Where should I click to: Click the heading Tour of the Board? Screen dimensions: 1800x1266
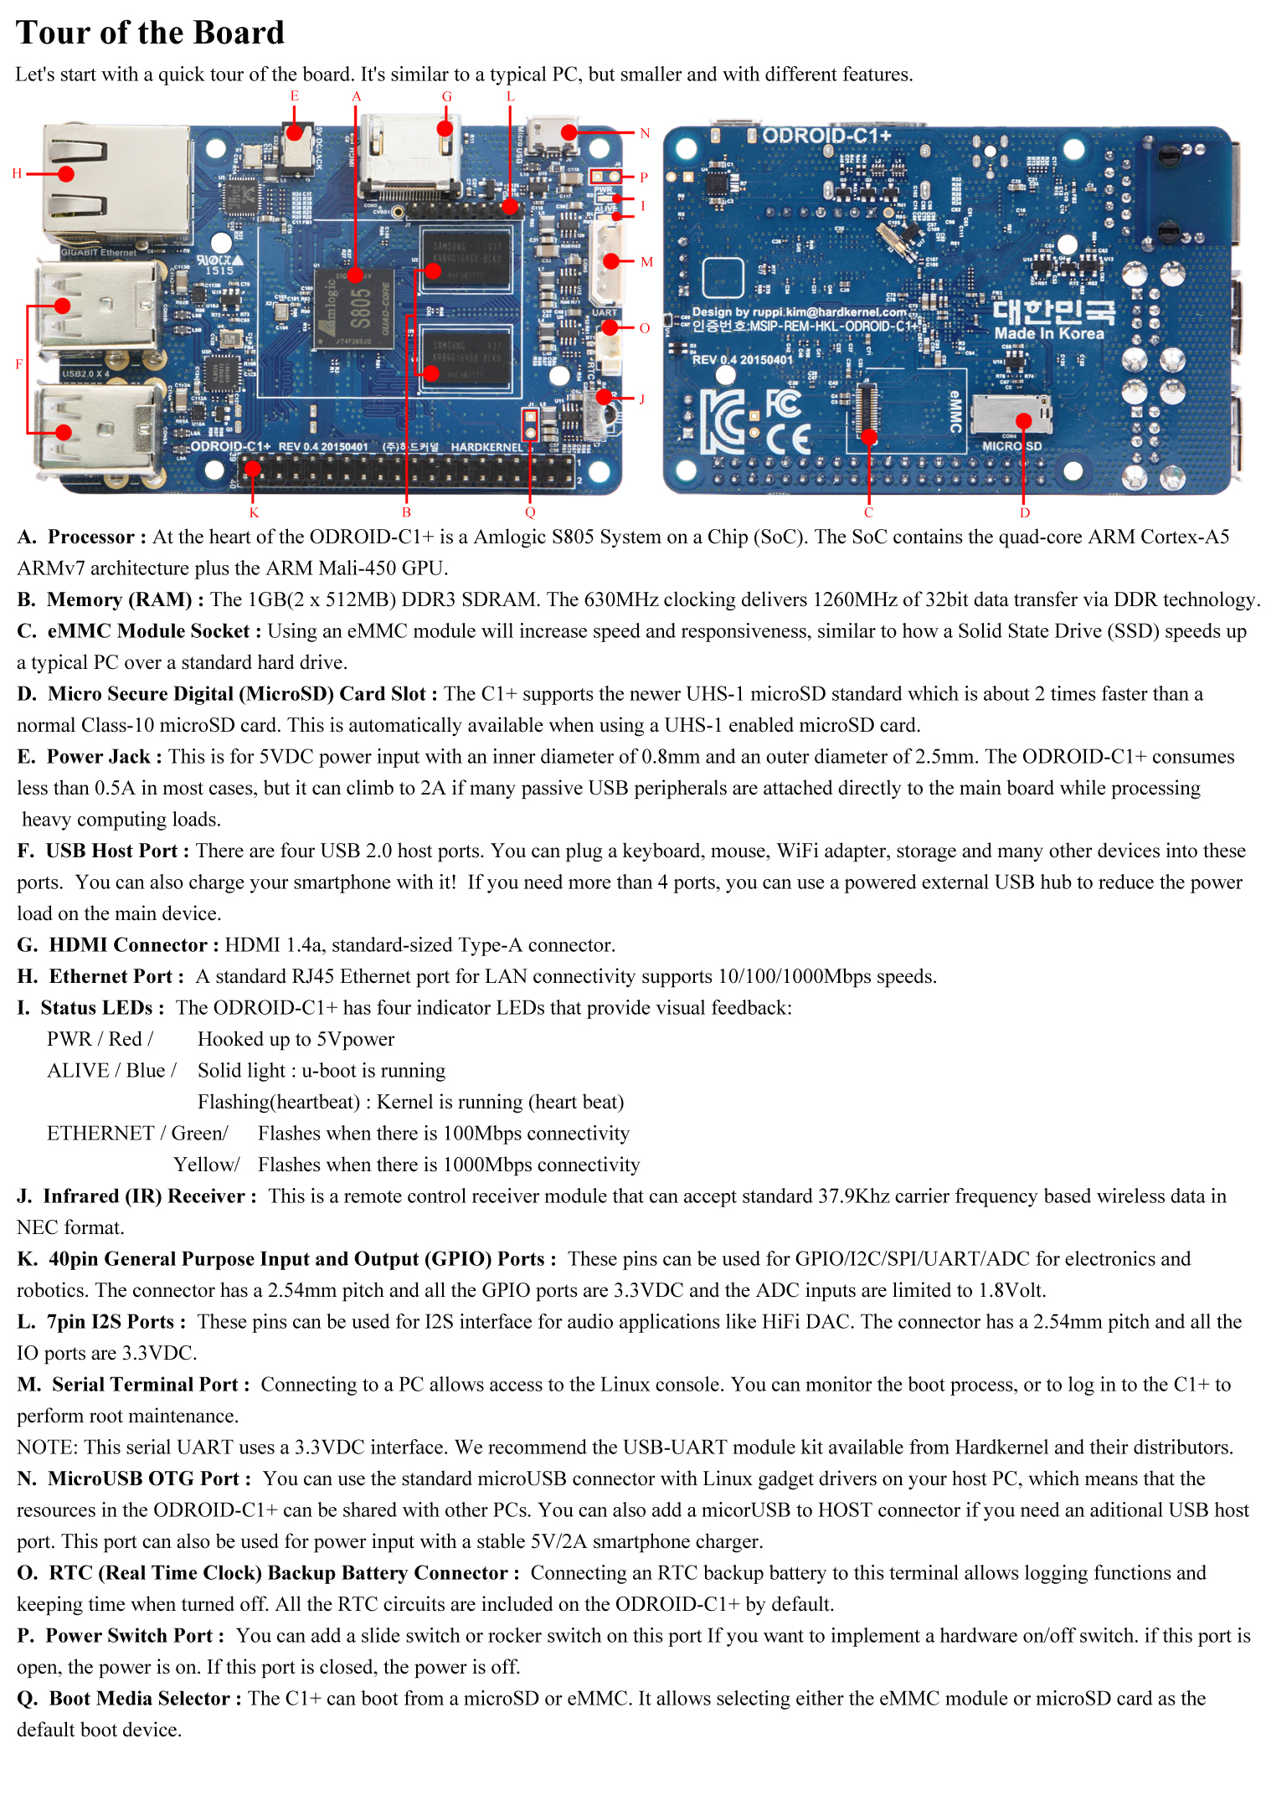point(151,33)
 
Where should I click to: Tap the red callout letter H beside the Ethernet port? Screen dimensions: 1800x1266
point(17,173)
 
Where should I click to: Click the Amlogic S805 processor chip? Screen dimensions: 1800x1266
point(353,308)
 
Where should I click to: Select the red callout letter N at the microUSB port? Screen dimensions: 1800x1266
point(645,133)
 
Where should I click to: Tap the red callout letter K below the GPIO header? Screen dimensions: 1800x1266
point(254,512)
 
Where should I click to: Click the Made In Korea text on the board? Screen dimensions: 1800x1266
point(1049,333)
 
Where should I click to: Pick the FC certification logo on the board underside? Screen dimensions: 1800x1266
point(783,404)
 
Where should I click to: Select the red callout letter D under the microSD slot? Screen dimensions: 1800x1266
point(1025,512)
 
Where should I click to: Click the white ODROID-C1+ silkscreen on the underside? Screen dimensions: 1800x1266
point(826,136)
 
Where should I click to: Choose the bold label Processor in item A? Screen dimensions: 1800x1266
point(90,537)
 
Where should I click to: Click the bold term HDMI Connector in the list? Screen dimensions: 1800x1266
point(127,945)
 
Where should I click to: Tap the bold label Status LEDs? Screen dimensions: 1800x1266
point(96,1008)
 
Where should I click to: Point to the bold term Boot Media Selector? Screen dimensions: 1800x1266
point(138,1699)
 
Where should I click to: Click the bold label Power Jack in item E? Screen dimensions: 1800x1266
point(98,757)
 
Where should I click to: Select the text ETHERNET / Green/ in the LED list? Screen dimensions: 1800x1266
point(137,1134)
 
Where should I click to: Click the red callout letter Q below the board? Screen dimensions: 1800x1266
point(530,512)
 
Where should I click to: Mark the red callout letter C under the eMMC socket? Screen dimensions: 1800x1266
point(868,512)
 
